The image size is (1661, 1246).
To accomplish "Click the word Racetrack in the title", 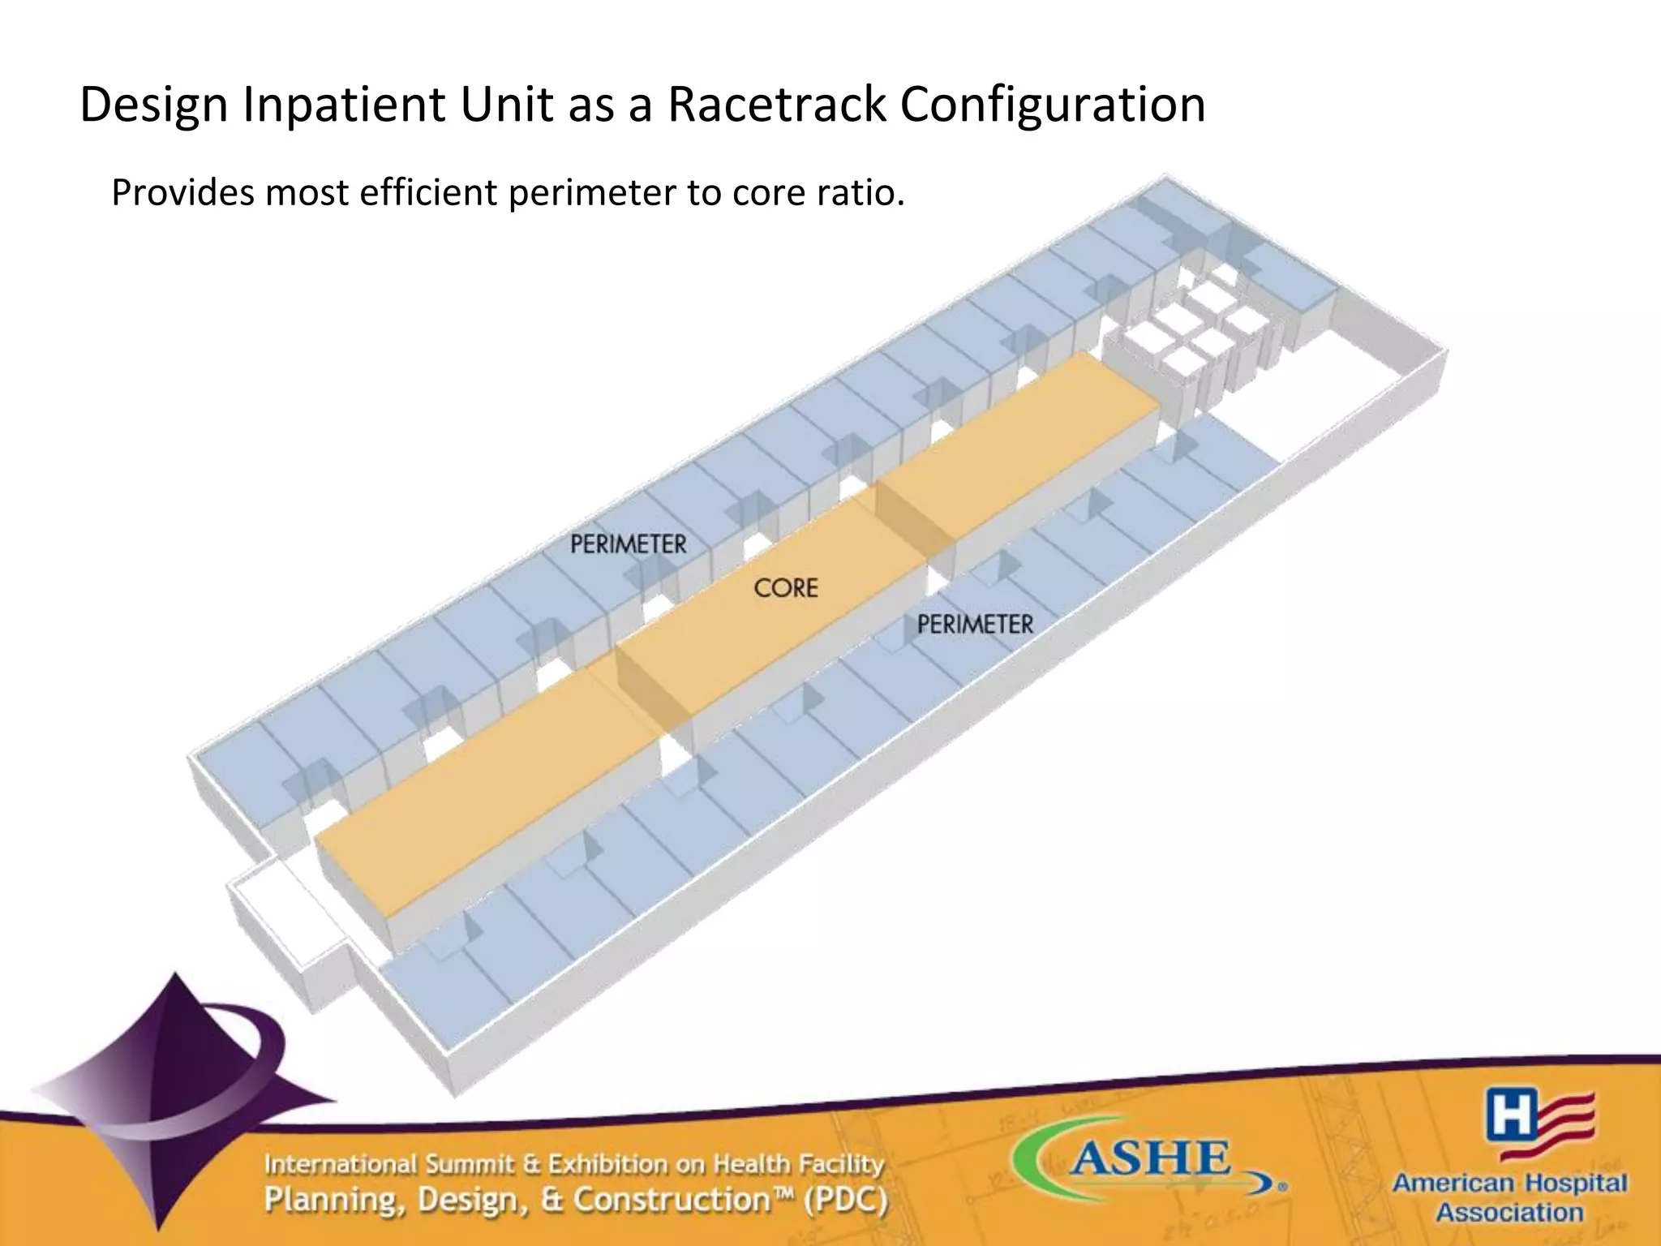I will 776,105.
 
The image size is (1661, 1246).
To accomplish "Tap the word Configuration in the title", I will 1052,105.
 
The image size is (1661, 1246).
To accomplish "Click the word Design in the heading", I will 153,105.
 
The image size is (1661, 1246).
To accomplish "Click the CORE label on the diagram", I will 785,588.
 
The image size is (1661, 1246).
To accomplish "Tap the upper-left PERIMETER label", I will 628,544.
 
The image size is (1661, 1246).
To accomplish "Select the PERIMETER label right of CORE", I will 975,625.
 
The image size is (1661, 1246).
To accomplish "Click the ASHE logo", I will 1149,1160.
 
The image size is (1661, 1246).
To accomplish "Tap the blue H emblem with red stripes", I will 1539,1124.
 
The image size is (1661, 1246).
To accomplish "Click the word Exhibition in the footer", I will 608,1165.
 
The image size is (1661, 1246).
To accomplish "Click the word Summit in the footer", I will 470,1165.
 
